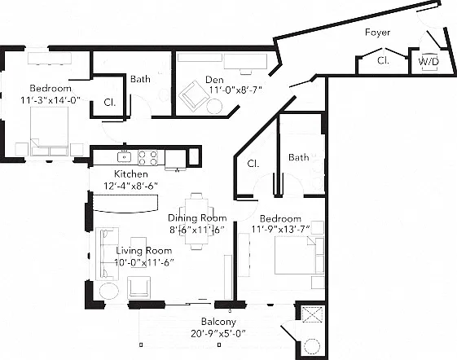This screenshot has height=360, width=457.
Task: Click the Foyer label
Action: [x=377, y=32]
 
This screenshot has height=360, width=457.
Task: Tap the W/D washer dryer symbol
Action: [x=428, y=62]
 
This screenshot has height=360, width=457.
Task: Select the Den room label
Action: [x=214, y=80]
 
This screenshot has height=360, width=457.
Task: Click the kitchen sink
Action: [x=124, y=157]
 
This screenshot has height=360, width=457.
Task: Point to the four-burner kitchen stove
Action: [x=147, y=158]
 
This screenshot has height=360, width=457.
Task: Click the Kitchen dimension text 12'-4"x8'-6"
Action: [x=131, y=186]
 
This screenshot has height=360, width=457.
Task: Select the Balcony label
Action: [x=218, y=322]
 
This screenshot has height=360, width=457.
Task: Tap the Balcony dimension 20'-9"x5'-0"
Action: [x=218, y=333]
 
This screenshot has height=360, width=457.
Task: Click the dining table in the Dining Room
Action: [x=196, y=222]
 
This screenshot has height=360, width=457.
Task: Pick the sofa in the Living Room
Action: [x=107, y=253]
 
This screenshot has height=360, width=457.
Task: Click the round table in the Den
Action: [x=214, y=107]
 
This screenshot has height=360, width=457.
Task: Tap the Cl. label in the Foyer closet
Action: [x=383, y=60]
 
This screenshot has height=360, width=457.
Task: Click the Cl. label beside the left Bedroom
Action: [x=110, y=103]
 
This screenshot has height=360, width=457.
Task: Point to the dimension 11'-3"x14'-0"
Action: [x=51, y=100]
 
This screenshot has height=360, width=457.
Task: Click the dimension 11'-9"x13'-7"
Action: [x=280, y=230]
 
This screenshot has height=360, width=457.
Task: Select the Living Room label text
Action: [x=144, y=251]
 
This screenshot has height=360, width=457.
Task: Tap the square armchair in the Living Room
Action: [x=139, y=288]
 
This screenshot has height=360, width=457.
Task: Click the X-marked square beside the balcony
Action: [x=313, y=314]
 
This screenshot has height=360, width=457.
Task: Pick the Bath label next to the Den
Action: [x=140, y=79]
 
